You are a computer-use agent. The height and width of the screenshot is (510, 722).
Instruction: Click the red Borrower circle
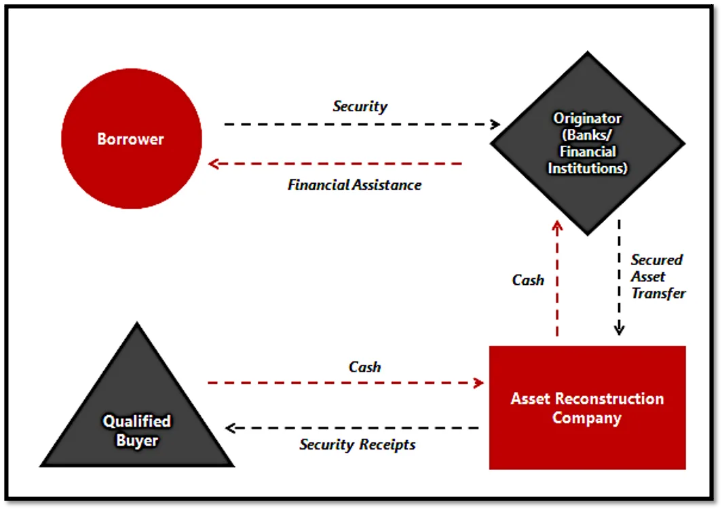tap(131, 138)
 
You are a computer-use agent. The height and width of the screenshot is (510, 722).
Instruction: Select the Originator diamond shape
tap(588, 143)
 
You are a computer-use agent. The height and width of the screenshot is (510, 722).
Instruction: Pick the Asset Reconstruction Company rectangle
tap(588, 408)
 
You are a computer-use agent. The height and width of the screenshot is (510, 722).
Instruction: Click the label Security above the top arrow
tap(360, 106)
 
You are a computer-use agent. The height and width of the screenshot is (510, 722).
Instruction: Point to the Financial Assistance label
tap(354, 184)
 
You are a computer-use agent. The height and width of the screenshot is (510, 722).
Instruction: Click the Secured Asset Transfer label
tap(658, 277)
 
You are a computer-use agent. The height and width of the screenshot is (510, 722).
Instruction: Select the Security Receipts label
tap(358, 445)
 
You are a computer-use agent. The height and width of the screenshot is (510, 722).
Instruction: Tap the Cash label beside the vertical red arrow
tap(528, 280)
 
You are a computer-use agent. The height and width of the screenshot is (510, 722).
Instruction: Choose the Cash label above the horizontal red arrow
tap(364, 367)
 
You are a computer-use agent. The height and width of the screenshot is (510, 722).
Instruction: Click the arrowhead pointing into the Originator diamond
tap(495, 124)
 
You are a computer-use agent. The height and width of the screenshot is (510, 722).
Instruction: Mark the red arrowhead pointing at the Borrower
tap(213, 163)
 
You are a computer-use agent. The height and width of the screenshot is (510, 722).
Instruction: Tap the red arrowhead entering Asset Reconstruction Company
tap(479, 382)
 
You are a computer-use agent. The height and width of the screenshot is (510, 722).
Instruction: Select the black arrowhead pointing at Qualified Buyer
tap(231, 428)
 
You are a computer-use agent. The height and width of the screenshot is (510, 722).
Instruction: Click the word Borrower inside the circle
tap(131, 139)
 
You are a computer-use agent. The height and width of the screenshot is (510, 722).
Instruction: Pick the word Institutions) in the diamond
tap(588, 168)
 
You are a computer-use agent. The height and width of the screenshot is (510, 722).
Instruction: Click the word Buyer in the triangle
tap(137, 441)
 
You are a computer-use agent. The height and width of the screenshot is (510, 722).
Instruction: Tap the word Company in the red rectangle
tap(587, 418)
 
